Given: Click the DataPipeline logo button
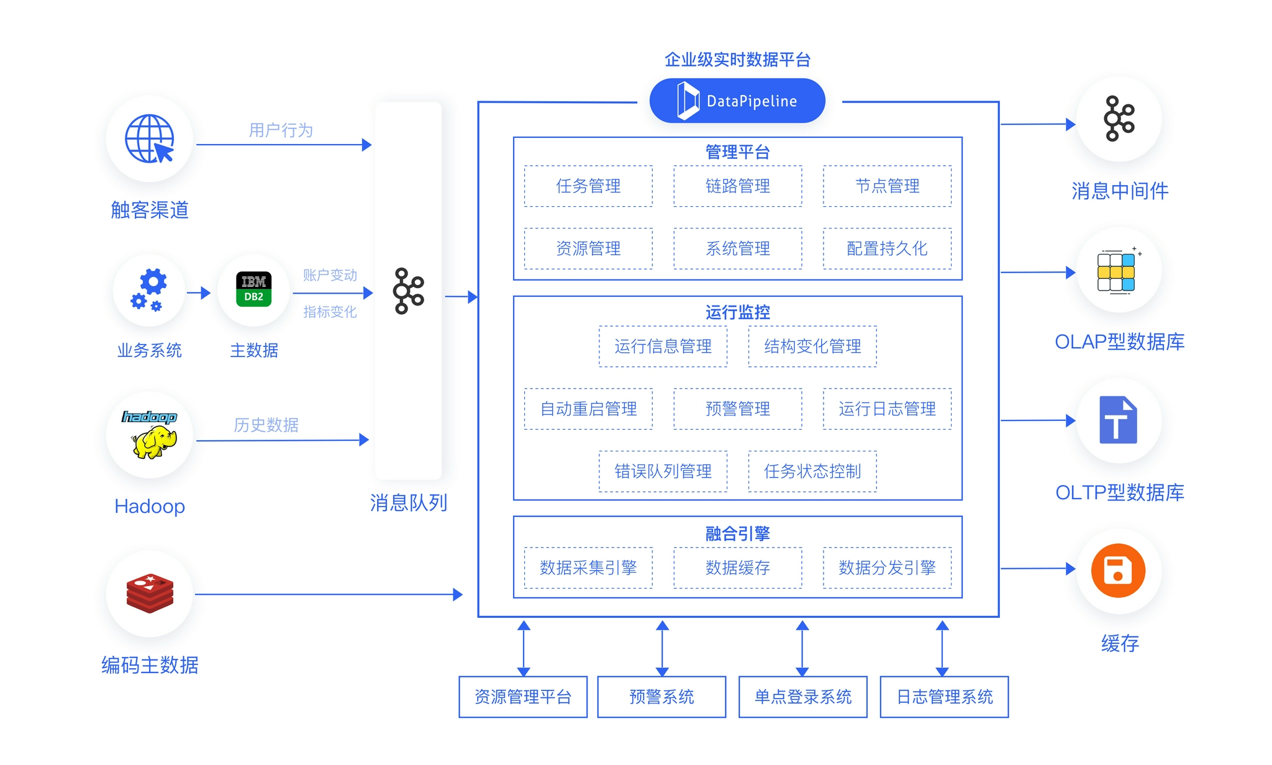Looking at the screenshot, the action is [x=737, y=101].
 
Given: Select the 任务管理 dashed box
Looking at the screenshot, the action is [x=588, y=186].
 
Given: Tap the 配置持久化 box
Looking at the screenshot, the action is [x=887, y=248].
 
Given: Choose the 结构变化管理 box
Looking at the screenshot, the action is [x=812, y=346].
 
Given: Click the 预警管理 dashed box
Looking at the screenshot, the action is [x=738, y=409].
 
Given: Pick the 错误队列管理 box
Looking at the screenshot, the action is [x=663, y=471].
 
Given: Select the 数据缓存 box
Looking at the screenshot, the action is [x=738, y=568].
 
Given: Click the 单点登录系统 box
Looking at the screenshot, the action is [x=802, y=697].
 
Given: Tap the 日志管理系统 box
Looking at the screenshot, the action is [x=944, y=697].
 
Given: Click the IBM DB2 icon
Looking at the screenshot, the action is [x=253, y=289].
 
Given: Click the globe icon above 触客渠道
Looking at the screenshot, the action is [x=150, y=138].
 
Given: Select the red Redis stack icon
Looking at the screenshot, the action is [x=150, y=593].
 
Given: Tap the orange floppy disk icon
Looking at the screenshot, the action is [x=1118, y=571].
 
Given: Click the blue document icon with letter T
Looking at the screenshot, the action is [x=1118, y=420].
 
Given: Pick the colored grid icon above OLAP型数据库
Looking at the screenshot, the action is [x=1117, y=272].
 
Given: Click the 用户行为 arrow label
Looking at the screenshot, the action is [x=281, y=130].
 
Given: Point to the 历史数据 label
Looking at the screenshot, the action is [x=266, y=425].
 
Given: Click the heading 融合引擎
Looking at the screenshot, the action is [x=738, y=533].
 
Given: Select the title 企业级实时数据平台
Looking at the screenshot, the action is [x=738, y=60].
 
